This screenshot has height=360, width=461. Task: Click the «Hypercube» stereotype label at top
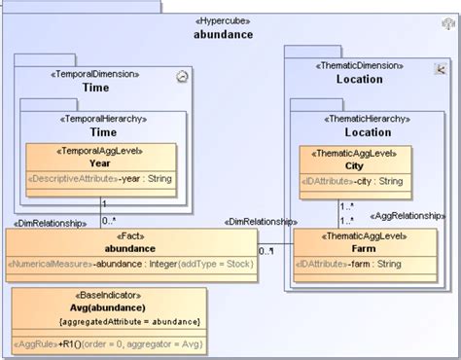point(223,19)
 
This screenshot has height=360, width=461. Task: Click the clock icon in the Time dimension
point(183,75)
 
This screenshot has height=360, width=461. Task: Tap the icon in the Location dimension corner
point(440,67)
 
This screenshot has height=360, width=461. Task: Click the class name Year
point(99,163)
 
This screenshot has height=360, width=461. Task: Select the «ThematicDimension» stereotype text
point(360,65)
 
